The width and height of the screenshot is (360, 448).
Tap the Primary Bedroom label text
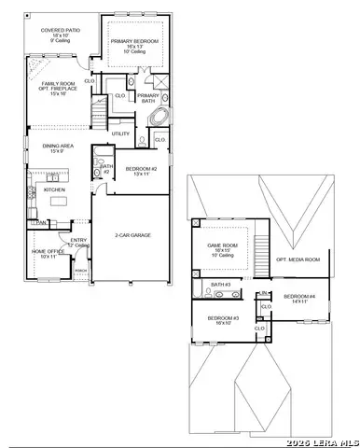tap(134, 43)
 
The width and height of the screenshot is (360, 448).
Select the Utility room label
tap(121, 133)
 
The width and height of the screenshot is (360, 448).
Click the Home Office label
tap(48, 252)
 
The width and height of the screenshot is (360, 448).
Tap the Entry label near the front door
tap(78, 241)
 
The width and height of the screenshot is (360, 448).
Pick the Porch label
tap(81, 272)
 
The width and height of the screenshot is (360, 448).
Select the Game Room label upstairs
tap(223, 247)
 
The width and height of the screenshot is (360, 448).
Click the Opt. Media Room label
tap(298, 259)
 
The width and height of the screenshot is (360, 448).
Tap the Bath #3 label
tap(220, 285)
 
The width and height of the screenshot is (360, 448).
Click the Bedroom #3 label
tap(223, 320)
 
